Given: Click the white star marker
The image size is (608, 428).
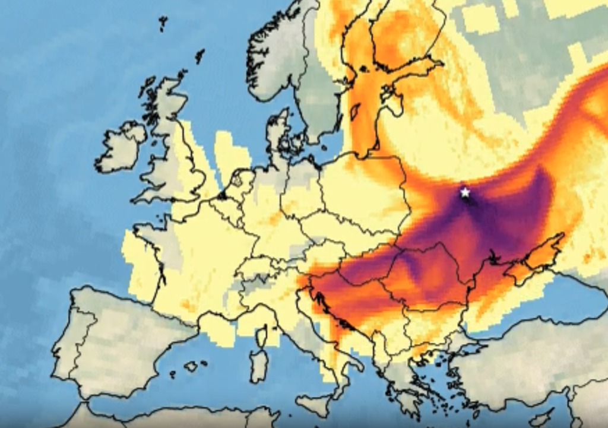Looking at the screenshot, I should click(x=465, y=192).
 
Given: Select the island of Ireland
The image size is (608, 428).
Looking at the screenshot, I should click(x=121, y=148).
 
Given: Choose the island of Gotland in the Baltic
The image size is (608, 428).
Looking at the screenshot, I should click(x=355, y=112).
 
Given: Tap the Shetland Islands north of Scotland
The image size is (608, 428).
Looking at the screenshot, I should click(x=199, y=56).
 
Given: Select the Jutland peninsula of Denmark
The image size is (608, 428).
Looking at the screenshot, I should click(x=275, y=134).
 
